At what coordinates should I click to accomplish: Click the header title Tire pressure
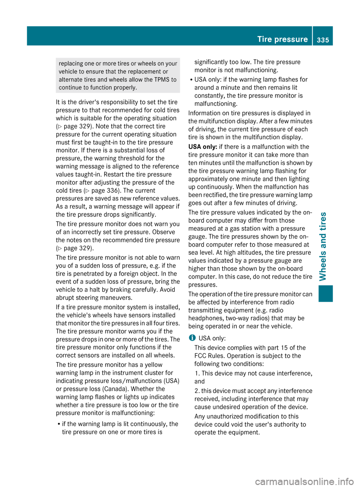[282, 39]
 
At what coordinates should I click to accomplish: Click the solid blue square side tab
[325, 293]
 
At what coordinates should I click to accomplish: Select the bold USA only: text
[202, 147]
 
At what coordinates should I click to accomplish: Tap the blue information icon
[192, 338]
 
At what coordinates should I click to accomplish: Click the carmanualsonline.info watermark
[304, 481]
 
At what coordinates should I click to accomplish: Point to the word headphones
[205, 318]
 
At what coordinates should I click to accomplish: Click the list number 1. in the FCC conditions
[197, 373]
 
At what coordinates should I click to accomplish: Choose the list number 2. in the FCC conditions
[197, 391]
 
